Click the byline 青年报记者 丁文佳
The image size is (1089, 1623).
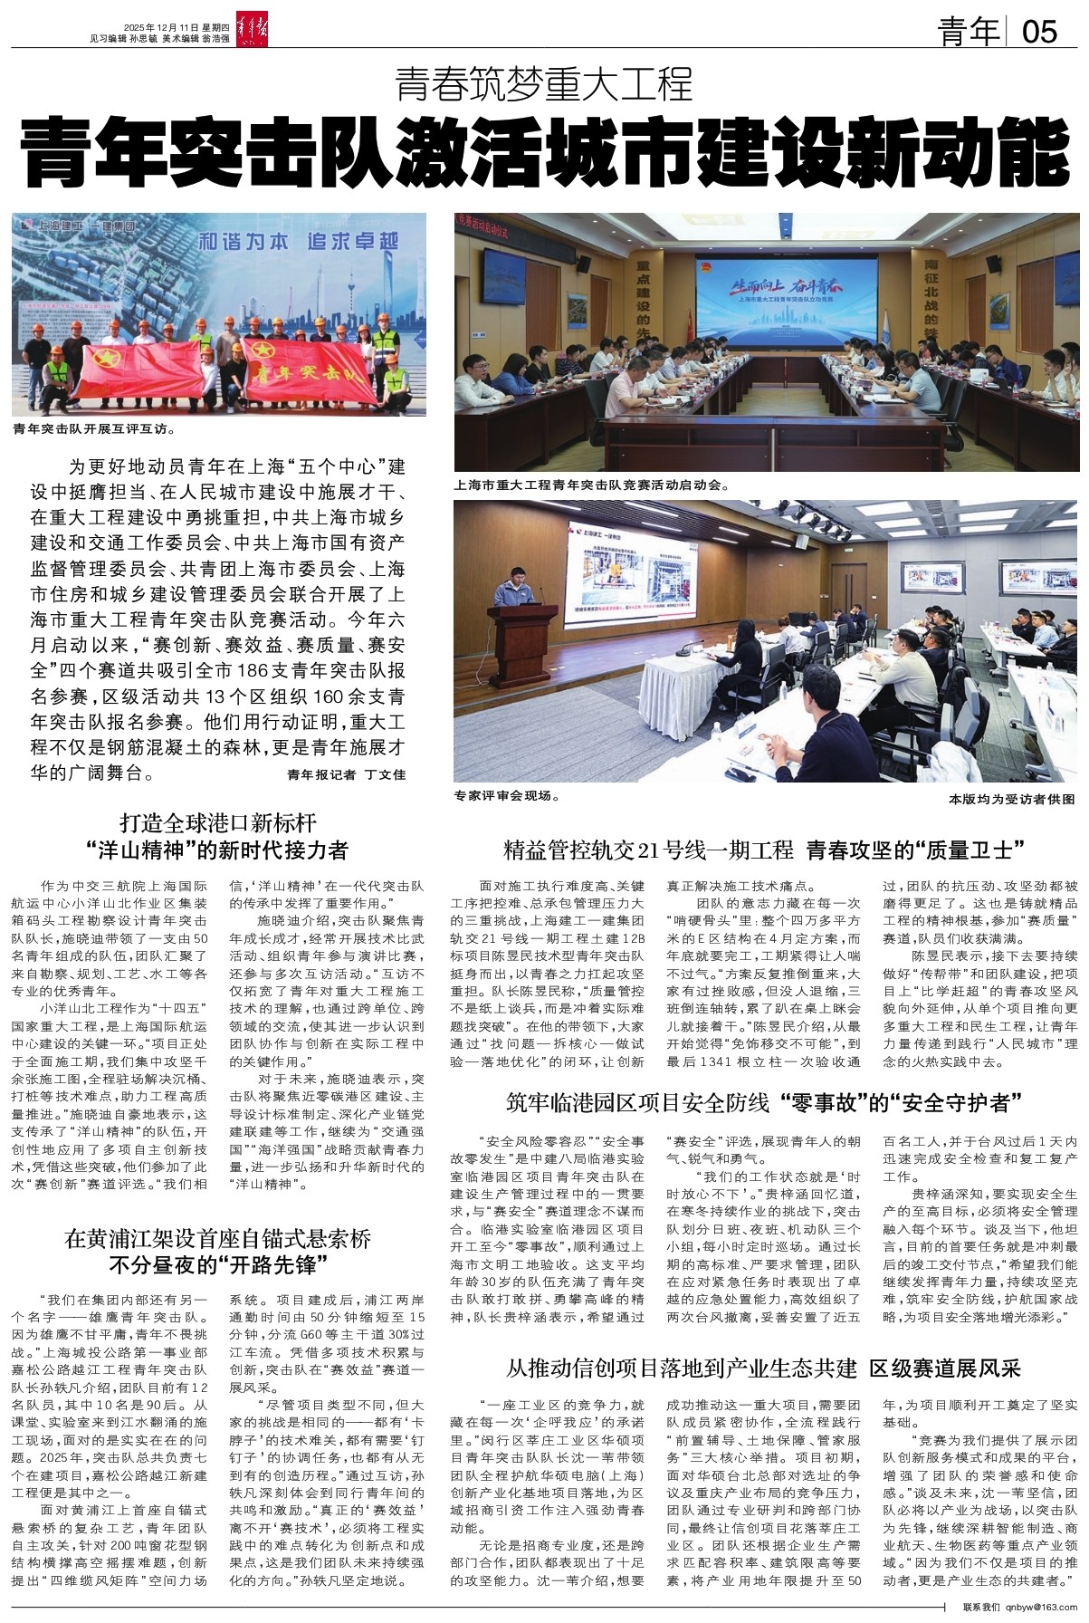[347, 774]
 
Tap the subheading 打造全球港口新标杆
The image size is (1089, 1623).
[218, 822]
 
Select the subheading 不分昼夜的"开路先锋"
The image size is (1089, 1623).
[218, 1264]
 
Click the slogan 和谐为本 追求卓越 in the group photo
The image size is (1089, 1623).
[298, 242]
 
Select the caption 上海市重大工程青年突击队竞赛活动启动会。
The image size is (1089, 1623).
[592, 485]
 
